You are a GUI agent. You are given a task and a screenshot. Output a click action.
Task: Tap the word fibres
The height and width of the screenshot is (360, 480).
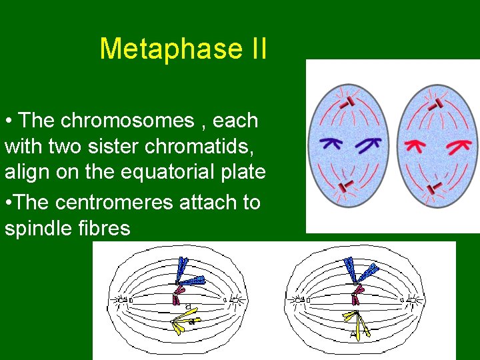107,228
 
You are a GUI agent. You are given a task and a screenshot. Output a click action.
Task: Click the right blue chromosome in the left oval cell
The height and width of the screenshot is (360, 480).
367,143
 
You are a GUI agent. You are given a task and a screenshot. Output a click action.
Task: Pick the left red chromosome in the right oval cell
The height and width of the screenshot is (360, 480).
419,143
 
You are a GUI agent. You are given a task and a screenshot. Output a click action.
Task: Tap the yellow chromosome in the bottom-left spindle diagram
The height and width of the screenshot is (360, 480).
181,323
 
